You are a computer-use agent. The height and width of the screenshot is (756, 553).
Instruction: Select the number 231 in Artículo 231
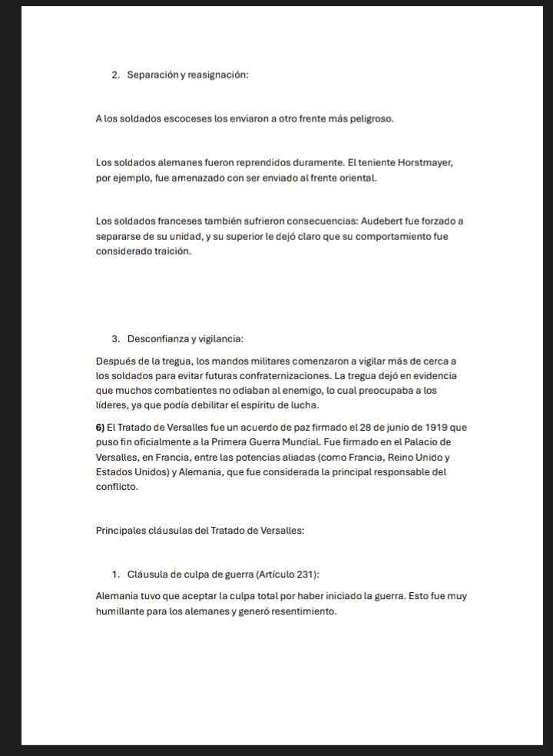(306, 574)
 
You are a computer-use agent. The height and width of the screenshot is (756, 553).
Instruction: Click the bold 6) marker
(100, 428)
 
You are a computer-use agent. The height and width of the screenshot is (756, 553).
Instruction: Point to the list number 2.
(115, 75)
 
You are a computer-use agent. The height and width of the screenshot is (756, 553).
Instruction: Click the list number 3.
(115, 339)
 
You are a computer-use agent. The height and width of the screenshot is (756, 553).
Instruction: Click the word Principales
(119, 531)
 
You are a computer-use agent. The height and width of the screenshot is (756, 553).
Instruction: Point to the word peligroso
(370, 119)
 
